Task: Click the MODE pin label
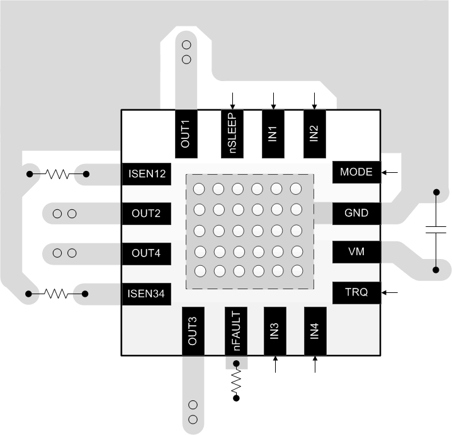point(356,172)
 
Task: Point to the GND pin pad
point(356,213)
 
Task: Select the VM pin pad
point(356,252)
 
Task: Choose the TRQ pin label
point(356,292)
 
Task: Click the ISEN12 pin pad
point(147,174)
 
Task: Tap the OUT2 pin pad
point(147,213)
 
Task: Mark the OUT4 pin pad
point(147,253)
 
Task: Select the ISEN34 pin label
point(147,294)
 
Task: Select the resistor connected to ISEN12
point(57,174)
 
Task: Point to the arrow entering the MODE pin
point(391,172)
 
